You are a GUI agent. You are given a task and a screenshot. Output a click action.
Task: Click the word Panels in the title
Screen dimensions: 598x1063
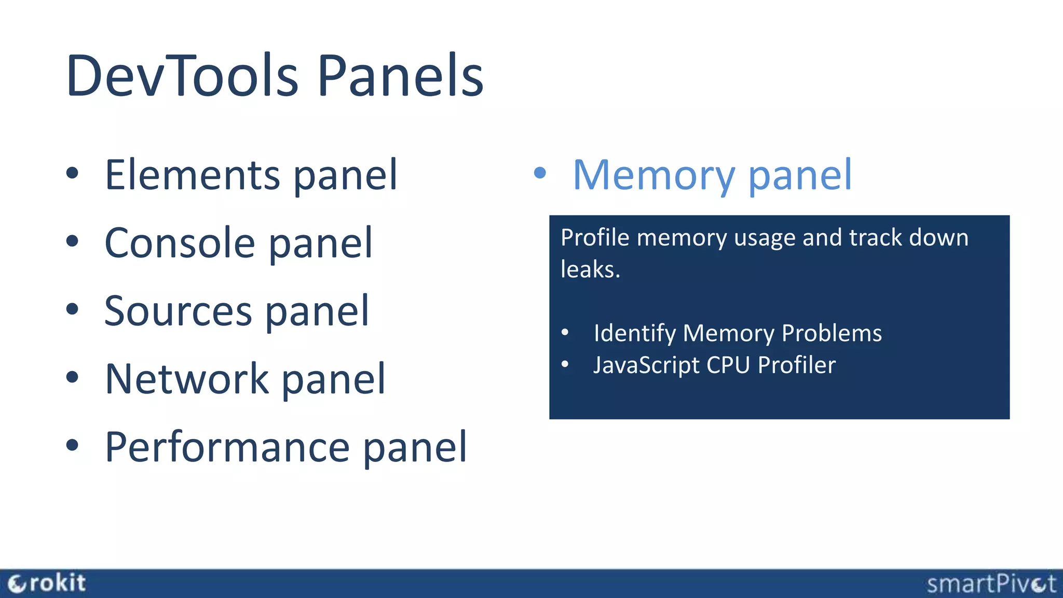[x=400, y=76]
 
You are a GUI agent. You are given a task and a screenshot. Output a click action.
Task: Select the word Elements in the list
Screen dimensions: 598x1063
[x=193, y=175]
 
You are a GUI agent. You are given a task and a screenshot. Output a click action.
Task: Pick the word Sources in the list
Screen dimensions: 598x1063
[x=178, y=311]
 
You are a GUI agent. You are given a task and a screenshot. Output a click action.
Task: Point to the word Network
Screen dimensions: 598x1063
[x=187, y=379]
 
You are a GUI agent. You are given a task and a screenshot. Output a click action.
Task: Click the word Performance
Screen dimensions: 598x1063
[x=227, y=447]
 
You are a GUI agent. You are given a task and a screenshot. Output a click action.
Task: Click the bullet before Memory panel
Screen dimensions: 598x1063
[x=540, y=173]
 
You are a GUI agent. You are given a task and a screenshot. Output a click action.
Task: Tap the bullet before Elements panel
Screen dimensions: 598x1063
[x=72, y=173]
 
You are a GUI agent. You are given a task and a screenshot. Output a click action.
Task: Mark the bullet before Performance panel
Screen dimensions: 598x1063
[x=72, y=445]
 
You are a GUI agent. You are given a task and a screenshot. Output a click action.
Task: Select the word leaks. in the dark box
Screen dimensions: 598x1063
[x=590, y=269]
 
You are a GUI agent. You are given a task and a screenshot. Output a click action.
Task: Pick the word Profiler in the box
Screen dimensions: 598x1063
[x=797, y=365]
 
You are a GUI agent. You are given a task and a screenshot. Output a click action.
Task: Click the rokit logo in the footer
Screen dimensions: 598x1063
[x=47, y=583]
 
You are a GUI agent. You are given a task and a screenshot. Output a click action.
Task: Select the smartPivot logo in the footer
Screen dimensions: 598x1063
[x=991, y=584]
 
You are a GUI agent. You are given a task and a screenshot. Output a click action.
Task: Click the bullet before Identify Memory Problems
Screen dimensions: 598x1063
[x=565, y=332]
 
